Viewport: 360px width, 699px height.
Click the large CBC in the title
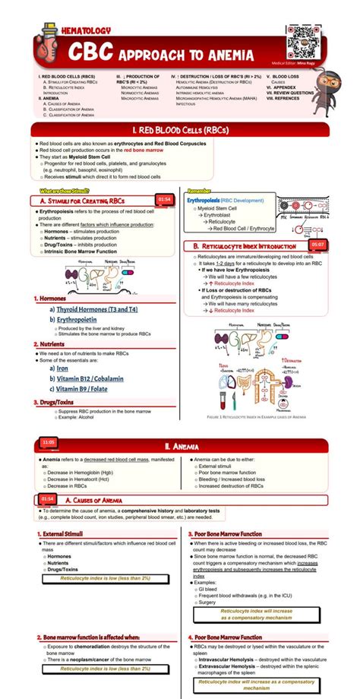click(90, 52)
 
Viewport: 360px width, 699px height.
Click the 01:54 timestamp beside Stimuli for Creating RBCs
click(164, 199)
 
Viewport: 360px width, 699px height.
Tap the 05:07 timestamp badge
click(318, 245)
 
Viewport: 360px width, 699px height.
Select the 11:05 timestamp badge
click(49, 442)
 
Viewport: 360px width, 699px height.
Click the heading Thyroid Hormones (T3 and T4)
click(93, 309)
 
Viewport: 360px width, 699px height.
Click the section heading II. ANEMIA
click(180, 446)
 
